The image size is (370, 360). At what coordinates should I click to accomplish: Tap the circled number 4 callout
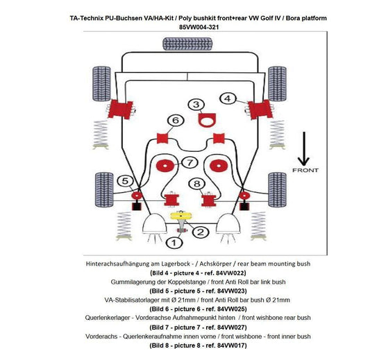[x=228, y=98]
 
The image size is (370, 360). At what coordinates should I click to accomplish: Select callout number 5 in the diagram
[x=125, y=182]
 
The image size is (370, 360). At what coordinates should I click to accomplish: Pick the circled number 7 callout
[x=187, y=163]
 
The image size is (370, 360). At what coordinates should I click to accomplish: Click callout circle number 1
[x=175, y=242]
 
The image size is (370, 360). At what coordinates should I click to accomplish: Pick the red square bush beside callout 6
[x=165, y=136]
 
